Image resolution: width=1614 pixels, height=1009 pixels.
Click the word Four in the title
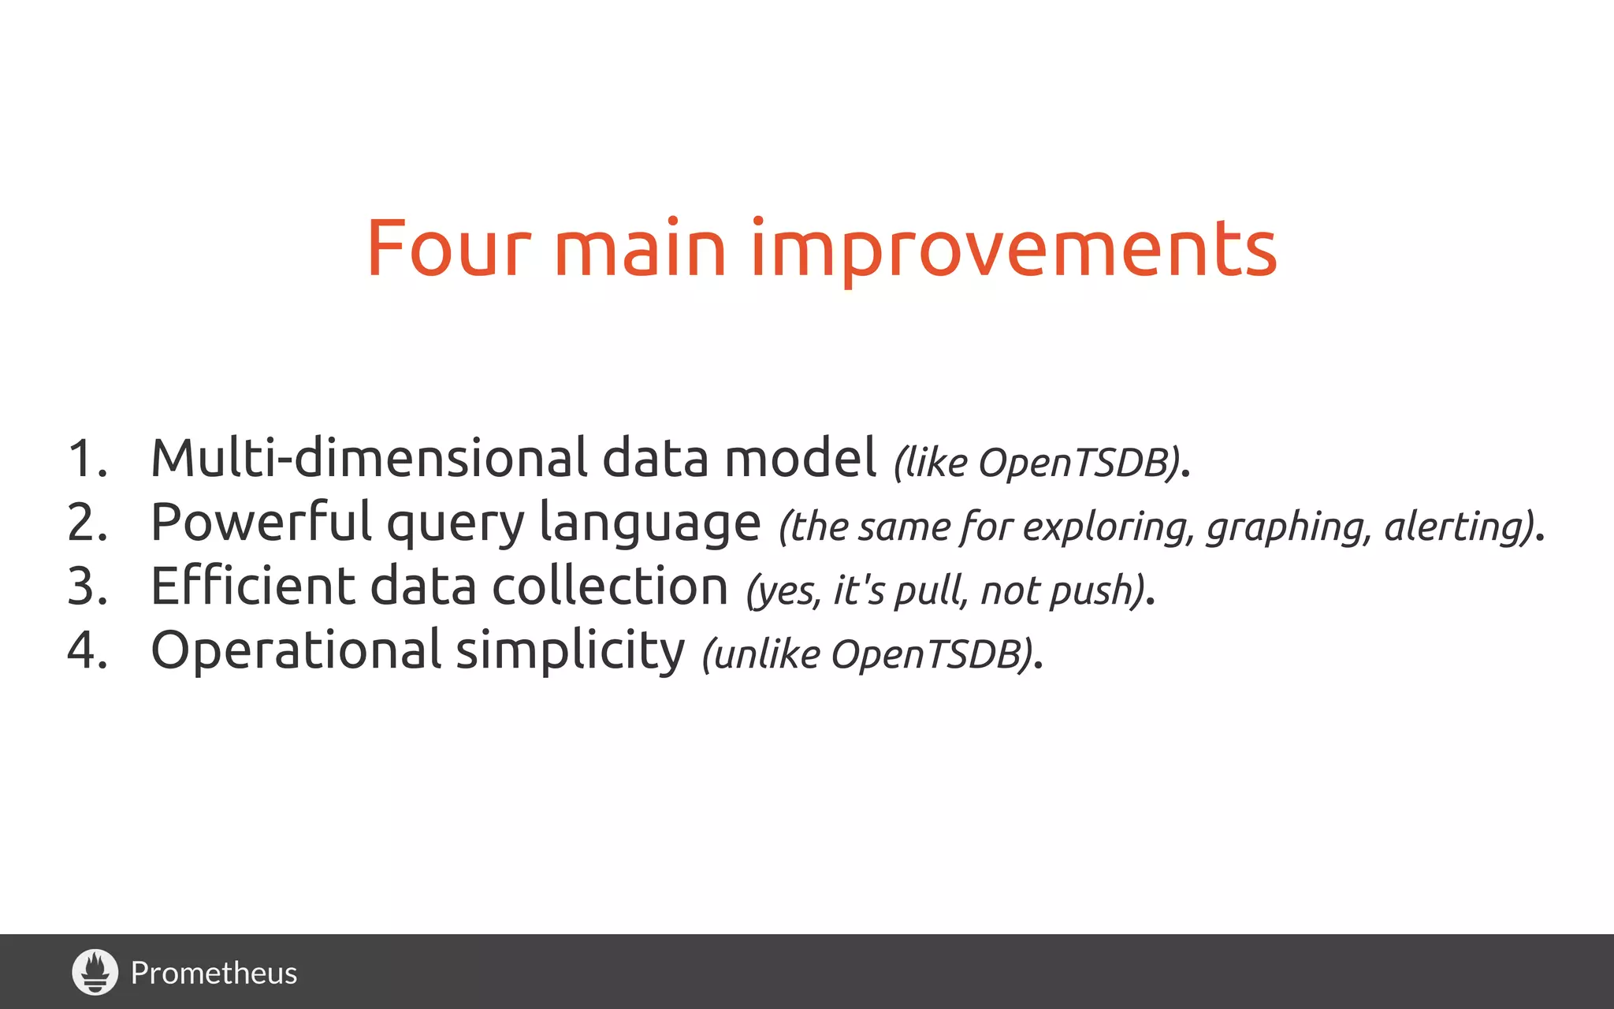448,249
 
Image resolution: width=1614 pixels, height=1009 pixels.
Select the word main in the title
639,249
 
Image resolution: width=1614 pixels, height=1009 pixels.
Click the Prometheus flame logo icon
95,972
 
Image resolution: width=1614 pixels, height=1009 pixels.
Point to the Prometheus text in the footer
214,974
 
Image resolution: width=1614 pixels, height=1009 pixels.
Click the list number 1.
86,459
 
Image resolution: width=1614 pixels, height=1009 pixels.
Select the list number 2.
87,523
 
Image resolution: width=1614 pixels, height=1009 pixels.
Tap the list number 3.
87,587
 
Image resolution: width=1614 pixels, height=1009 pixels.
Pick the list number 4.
87,651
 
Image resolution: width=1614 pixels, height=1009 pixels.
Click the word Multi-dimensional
369,458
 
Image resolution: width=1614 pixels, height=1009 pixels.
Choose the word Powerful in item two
261,523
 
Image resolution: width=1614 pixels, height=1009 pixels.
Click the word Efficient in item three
252,587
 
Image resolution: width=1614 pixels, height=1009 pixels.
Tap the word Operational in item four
296,651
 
